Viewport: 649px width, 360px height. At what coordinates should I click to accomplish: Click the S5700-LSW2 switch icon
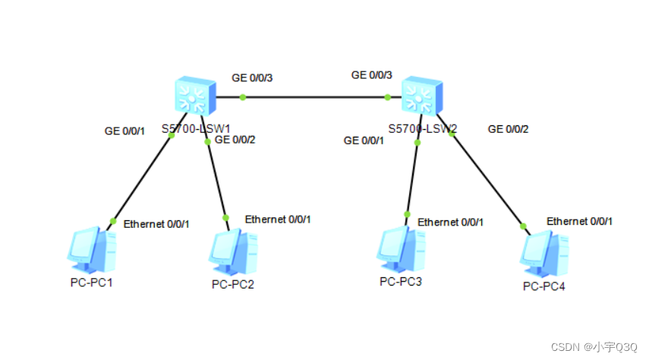tap(422, 97)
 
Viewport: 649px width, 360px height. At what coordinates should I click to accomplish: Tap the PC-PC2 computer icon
tap(232, 251)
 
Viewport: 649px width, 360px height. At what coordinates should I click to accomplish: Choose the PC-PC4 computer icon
tap(544, 252)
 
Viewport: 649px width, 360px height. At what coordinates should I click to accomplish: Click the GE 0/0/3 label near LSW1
tap(252, 77)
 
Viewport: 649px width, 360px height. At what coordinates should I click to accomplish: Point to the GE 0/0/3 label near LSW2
tap(372, 74)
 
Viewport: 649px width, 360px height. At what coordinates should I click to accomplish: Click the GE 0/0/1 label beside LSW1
tap(124, 131)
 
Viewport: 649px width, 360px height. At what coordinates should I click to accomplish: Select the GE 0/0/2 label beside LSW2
tap(508, 128)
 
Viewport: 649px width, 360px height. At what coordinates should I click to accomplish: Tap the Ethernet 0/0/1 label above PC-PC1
tap(156, 224)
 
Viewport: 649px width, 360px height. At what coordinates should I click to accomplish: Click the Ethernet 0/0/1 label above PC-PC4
tap(580, 221)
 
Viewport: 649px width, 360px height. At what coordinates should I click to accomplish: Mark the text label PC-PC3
tap(401, 282)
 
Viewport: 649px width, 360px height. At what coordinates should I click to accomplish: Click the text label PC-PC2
tap(233, 285)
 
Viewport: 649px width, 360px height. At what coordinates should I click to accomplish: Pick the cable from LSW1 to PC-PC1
tap(142, 178)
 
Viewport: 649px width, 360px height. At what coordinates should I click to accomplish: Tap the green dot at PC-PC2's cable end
tap(225, 217)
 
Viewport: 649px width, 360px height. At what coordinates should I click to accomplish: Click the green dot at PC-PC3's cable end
tap(408, 214)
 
